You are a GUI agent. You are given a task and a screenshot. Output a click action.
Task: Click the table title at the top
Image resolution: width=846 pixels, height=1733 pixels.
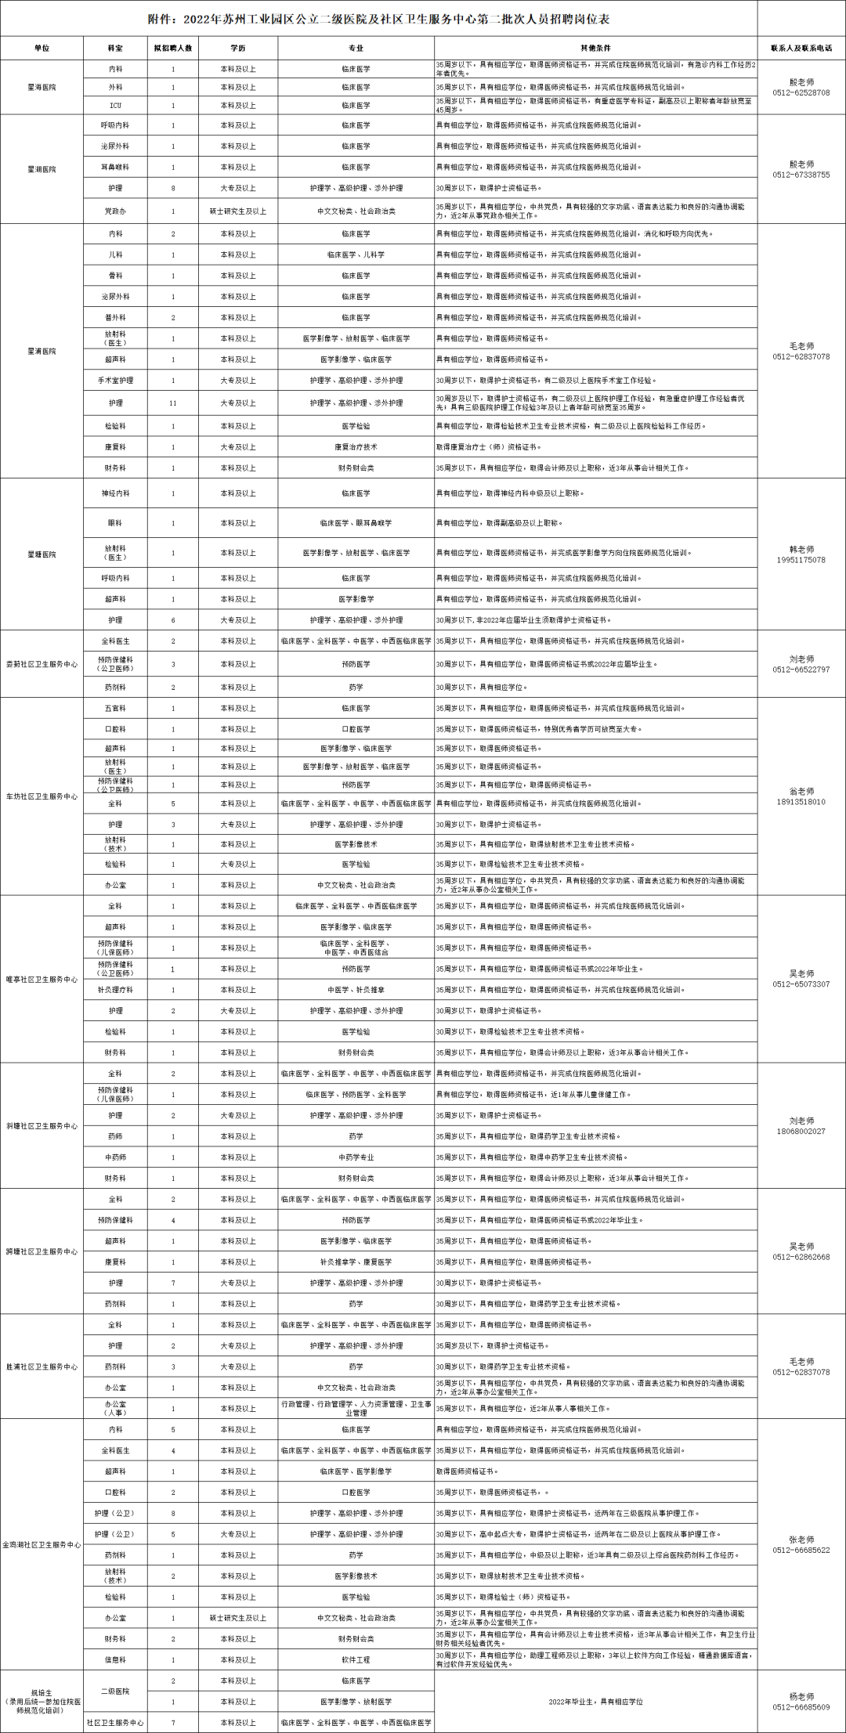coord(379,18)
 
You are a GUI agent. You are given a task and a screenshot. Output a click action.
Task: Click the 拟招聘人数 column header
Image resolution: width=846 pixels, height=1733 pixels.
coord(173,48)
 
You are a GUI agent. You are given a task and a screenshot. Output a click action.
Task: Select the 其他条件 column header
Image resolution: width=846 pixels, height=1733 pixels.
coord(595,48)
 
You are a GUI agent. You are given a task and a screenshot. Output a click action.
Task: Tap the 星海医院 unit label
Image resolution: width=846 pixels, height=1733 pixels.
coord(42,87)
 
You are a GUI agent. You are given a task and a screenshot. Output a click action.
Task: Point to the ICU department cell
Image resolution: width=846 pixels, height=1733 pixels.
coord(115,106)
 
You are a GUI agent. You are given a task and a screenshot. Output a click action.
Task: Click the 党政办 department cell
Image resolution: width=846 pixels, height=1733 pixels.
coord(115,211)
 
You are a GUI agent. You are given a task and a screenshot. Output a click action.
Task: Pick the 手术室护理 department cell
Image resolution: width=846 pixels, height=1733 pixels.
coord(115,381)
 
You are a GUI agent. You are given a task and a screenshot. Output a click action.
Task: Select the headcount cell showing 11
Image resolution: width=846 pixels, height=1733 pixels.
coord(173,403)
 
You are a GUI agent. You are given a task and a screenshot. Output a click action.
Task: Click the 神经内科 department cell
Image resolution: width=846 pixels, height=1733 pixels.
coord(115,494)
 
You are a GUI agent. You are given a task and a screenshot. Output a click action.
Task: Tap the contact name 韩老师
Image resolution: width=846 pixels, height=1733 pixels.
coord(801,550)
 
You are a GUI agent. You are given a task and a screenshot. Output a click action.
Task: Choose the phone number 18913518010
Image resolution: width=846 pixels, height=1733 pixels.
coord(801,802)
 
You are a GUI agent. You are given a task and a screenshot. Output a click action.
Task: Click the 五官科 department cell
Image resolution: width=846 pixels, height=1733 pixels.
coord(115,709)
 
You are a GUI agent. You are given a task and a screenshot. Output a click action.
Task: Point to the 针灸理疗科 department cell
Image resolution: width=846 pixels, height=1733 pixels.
coord(115,990)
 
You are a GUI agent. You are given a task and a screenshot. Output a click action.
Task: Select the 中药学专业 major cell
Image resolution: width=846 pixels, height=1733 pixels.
coord(356,1157)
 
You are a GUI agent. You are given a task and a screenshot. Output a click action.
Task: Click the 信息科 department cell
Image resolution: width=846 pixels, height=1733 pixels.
coord(115,1659)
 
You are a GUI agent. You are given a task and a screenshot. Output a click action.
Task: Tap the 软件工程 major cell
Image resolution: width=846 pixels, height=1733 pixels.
coord(356,1659)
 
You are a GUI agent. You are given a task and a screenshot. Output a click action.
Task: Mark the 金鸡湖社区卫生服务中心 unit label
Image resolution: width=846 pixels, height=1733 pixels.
coord(42,1545)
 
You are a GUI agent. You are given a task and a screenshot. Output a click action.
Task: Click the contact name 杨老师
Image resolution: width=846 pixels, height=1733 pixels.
coord(801,1696)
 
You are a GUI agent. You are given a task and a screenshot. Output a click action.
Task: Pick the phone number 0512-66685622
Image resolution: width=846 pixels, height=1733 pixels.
coord(801,1550)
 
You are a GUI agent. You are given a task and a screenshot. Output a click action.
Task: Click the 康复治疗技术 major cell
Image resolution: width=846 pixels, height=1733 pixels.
coord(356,447)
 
